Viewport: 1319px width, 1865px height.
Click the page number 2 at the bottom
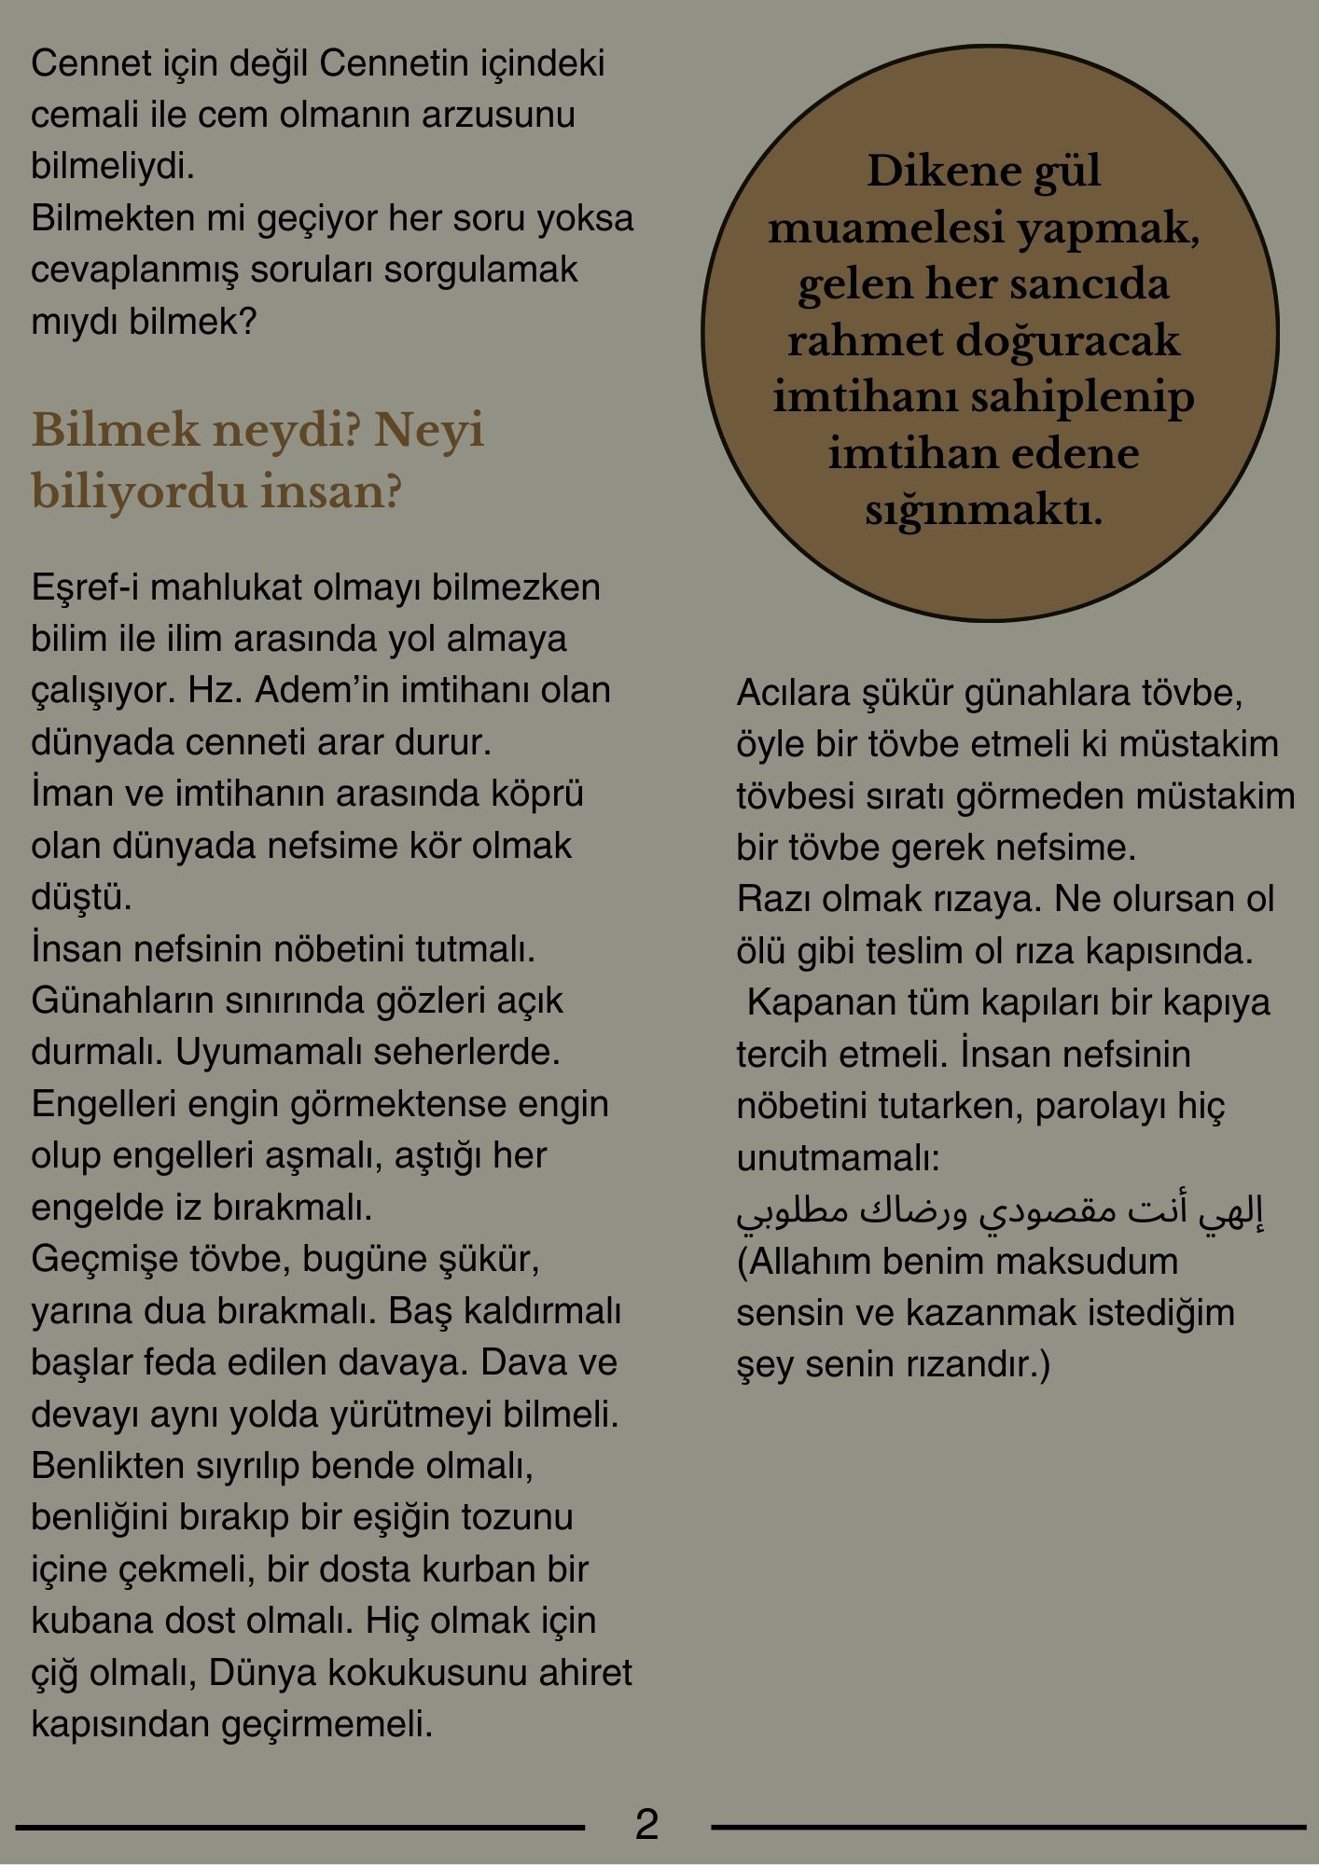pyautogui.click(x=646, y=1824)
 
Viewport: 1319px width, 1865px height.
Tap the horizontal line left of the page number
pyautogui.click(x=299, y=1827)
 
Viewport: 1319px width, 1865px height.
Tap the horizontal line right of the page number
pyautogui.click(x=1007, y=1827)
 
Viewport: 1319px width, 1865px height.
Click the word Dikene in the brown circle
pyautogui.click(x=923, y=172)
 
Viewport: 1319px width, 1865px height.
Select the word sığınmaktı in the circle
pyautogui.click(x=983, y=511)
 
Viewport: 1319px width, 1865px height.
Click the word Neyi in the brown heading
pyautogui.click(x=428, y=431)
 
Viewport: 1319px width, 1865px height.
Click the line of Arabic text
pyautogui.click(x=999, y=1210)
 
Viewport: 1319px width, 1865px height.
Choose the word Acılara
pyautogui.click(x=793, y=693)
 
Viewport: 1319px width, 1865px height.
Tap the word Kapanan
pyautogui.click(x=806, y=1003)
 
